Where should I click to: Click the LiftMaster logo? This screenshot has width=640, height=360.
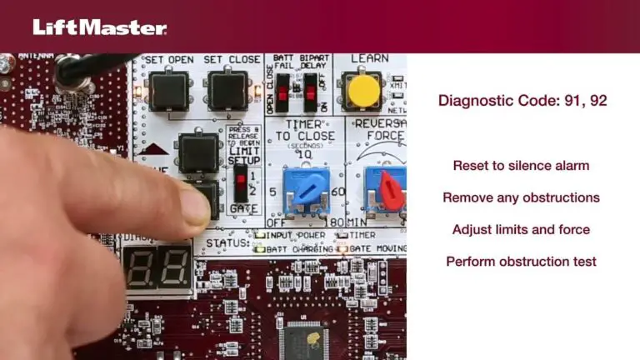(100, 27)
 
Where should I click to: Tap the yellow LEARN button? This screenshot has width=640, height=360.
(364, 91)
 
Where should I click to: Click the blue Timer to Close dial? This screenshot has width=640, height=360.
(303, 187)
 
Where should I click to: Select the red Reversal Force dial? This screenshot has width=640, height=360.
(388, 187)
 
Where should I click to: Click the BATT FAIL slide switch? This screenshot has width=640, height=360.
(283, 88)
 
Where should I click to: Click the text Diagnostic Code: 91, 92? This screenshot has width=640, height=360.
(522, 101)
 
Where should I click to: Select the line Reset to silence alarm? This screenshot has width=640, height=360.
(521, 165)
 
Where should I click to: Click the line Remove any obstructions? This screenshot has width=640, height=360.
(521, 197)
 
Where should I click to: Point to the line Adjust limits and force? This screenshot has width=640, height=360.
(521, 229)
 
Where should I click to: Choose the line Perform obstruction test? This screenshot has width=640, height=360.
(521, 261)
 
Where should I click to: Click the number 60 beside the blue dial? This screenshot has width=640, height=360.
(337, 191)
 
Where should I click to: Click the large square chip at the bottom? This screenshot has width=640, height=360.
(305, 337)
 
